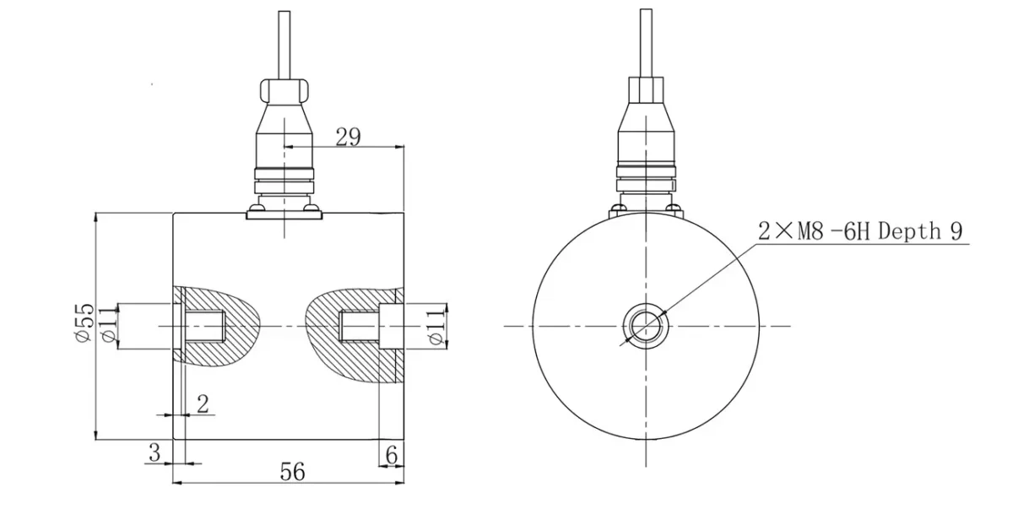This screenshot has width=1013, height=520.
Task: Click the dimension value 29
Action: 348,137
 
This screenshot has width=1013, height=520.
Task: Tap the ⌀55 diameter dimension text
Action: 83,324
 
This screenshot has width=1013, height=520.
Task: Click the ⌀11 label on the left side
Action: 106,325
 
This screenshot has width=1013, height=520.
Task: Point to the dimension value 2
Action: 202,404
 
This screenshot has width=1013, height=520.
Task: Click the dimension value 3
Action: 154,452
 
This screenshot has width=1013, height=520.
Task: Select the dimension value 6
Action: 390,453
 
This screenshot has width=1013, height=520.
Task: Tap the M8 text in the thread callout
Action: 811,231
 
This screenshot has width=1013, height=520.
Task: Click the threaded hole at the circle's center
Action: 646,325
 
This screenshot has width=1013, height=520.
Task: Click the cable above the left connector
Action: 285,42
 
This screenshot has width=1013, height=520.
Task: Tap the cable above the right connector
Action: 646,42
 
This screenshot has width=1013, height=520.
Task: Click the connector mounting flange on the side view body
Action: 284,215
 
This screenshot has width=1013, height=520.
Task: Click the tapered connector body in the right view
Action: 646,135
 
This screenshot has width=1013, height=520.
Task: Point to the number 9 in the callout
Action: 957,231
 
